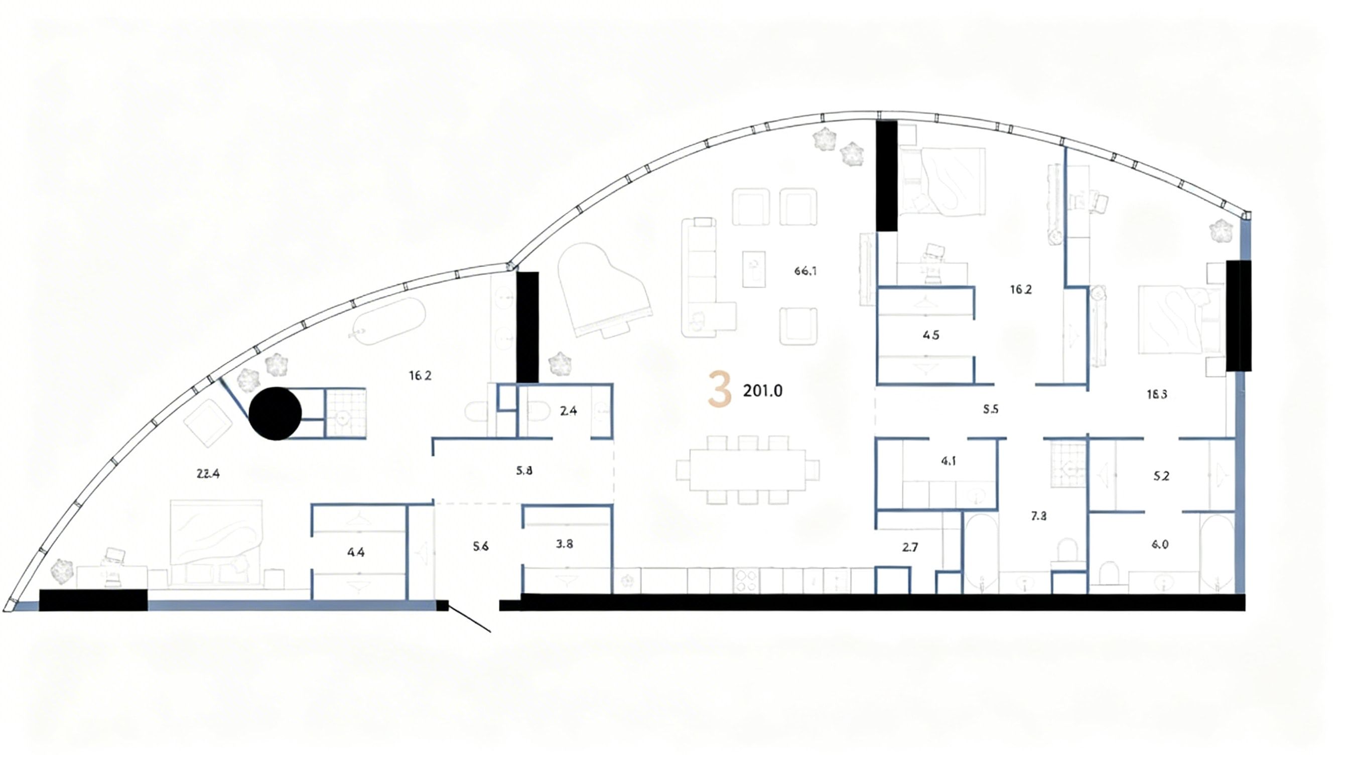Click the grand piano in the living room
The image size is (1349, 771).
[x=604, y=291]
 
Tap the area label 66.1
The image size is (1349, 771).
[x=805, y=271]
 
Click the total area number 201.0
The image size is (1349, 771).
[x=762, y=391]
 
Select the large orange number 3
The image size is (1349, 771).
[x=720, y=390]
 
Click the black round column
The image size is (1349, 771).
[x=276, y=413]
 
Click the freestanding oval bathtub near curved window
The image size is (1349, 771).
[x=389, y=321]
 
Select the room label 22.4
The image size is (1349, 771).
[x=208, y=474]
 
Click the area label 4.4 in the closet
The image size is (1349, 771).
[x=356, y=553]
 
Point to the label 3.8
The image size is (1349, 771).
[x=565, y=544]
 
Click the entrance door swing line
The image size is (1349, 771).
[x=469, y=619]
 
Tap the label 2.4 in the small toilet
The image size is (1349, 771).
[x=568, y=411]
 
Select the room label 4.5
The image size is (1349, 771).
[x=930, y=335]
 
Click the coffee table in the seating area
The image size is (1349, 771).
[x=753, y=269]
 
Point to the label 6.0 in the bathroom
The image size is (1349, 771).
[x=1159, y=544]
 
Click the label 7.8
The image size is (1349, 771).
[x=1039, y=516]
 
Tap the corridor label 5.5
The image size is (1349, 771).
[x=990, y=409]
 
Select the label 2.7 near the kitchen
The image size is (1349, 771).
[x=909, y=548]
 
